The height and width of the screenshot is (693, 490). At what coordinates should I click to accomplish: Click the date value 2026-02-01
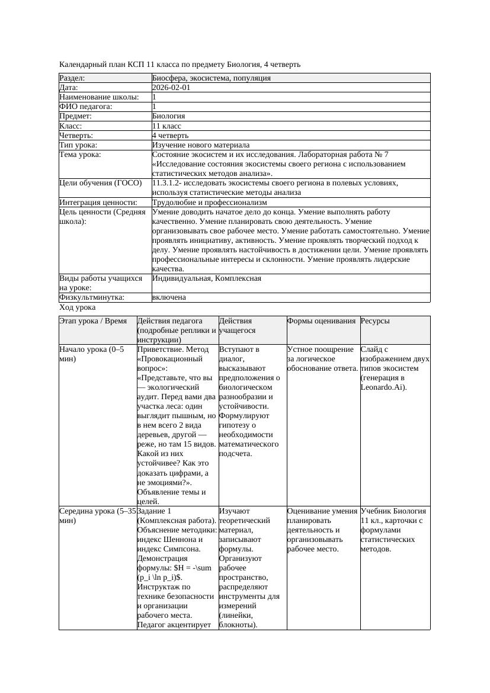tap(171, 88)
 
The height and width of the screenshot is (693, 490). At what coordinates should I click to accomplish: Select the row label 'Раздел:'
tap(72, 78)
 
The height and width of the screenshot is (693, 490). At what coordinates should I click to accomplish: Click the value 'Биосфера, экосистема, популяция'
tap(212, 78)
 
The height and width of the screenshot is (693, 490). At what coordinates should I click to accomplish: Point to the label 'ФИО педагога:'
tap(86, 107)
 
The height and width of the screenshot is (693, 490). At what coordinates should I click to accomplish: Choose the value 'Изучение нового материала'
tap(201, 145)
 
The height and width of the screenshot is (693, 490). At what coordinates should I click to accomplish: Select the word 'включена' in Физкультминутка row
tap(169, 297)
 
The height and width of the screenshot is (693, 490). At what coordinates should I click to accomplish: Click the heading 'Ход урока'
tap(78, 307)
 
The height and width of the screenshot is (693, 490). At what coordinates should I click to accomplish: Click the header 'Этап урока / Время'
tap(93, 321)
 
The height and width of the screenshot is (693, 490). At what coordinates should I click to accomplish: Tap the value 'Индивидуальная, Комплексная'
tap(207, 278)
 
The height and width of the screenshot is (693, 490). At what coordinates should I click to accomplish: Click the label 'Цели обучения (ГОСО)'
tap(100, 183)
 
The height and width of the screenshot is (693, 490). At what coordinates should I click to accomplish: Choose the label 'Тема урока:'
tap(80, 155)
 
